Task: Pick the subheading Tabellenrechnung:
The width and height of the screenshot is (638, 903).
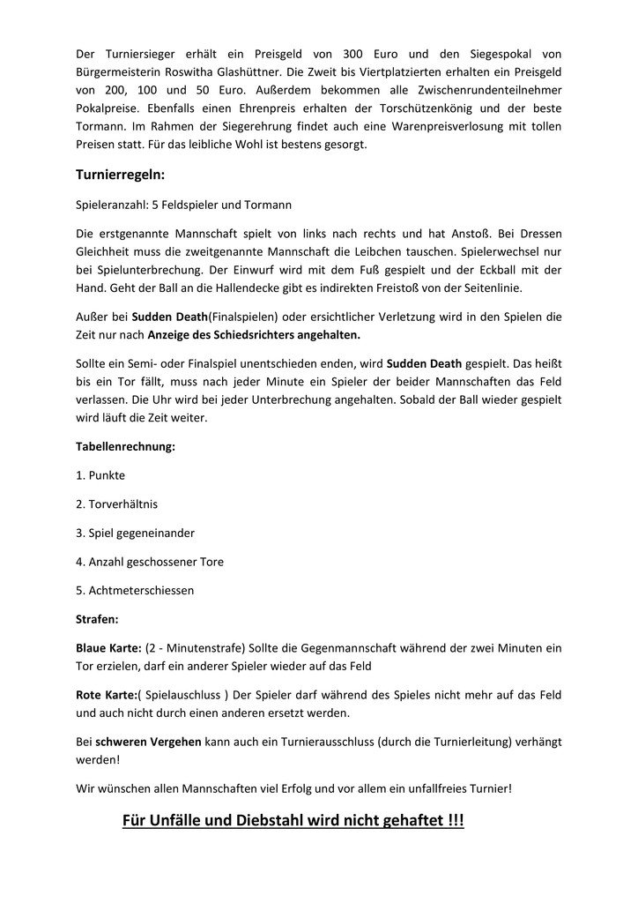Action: pos(126,446)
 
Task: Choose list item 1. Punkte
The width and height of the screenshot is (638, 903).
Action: pos(100,475)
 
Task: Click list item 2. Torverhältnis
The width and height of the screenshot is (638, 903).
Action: pos(117,504)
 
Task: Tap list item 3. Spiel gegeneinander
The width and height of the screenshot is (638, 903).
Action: pos(136,533)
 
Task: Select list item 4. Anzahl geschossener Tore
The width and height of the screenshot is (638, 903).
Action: pos(150,562)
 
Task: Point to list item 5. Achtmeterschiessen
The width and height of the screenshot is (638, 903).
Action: pos(135,590)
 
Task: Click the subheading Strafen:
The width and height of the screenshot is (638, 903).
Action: pos(100,619)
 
